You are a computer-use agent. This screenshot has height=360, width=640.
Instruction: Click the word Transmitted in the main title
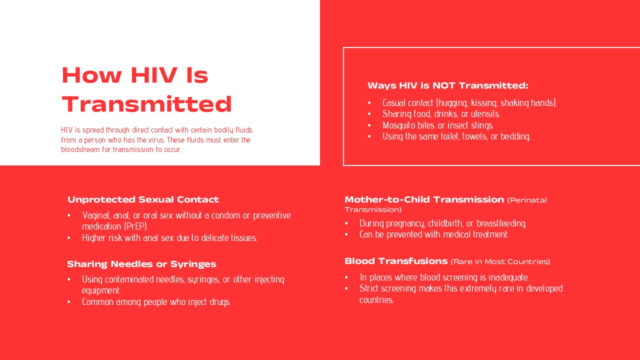pyautogui.click(x=146, y=104)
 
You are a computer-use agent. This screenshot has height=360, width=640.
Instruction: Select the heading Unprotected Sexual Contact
pyautogui.click(x=143, y=199)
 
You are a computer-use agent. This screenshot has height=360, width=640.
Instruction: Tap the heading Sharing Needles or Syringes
pyautogui.click(x=141, y=264)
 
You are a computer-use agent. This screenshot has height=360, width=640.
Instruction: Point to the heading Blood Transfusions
pyautogui.click(x=396, y=261)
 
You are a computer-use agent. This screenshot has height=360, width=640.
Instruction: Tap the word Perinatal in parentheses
pyautogui.click(x=527, y=200)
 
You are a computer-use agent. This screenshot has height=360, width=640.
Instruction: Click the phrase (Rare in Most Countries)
pyautogui.click(x=500, y=261)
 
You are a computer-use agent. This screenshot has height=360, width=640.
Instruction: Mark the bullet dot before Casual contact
pyautogui.click(x=369, y=103)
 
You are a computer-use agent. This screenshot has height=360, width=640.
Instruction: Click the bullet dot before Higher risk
pyautogui.click(x=69, y=238)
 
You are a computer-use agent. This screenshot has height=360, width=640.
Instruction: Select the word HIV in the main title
pyautogui.click(x=154, y=75)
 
